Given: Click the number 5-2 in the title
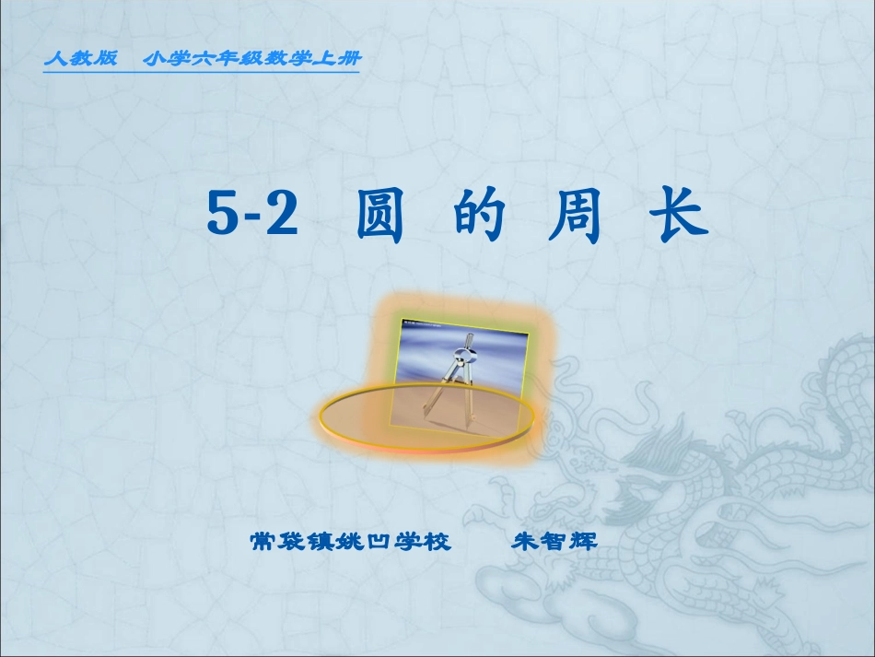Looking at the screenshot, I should point(252,217).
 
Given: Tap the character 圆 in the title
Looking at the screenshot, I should point(379,217).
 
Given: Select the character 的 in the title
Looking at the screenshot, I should point(480,217).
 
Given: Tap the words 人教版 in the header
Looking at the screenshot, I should point(81,59).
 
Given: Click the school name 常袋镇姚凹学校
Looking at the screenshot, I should point(351,541).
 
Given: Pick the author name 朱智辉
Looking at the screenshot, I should point(554,541).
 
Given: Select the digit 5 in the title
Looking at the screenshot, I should point(222,217).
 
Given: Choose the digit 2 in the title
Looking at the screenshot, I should point(284,217).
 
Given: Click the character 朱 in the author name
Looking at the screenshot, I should point(525,541).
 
